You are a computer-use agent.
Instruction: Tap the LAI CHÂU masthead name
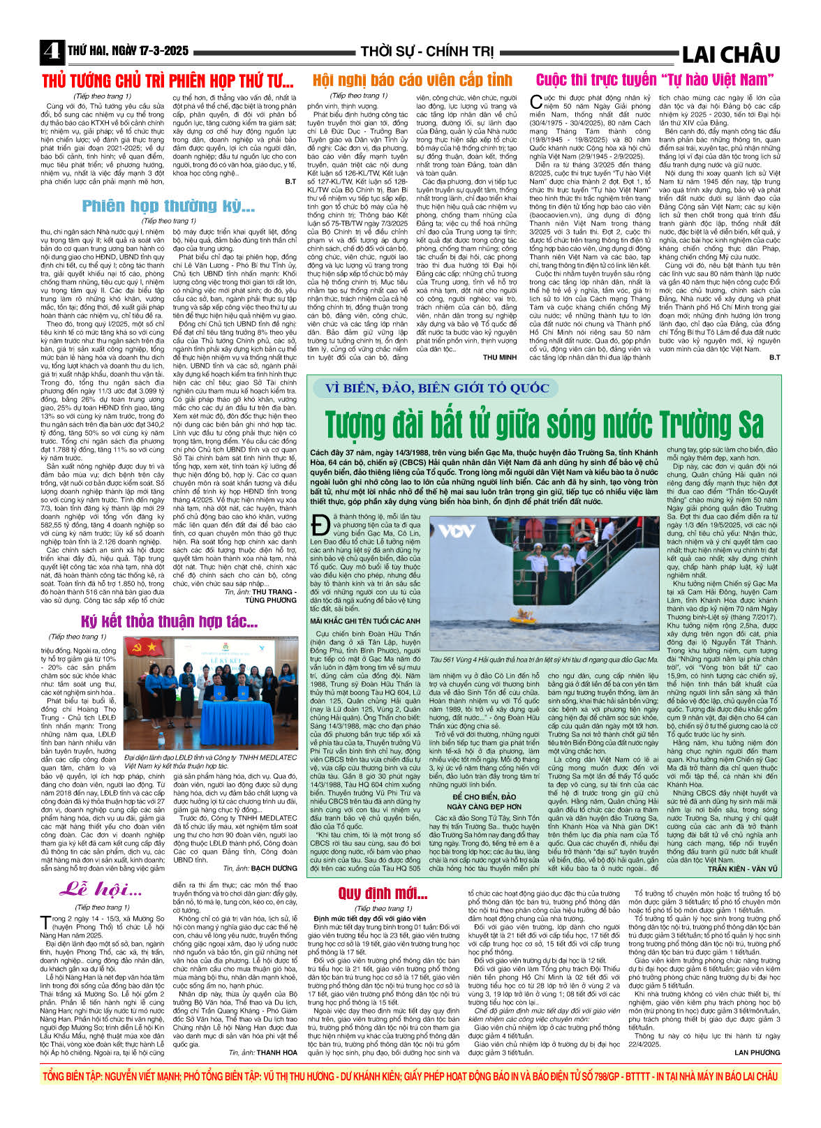[730, 54]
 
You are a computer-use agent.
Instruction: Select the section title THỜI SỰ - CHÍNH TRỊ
[427, 52]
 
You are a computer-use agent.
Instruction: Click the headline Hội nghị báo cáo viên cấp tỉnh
[412, 80]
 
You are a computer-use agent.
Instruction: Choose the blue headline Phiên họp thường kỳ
[168, 206]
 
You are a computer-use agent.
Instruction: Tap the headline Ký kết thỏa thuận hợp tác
[170, 621]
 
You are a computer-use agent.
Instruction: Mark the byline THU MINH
[499, 357]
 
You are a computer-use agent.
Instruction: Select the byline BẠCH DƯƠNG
[274, 868]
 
